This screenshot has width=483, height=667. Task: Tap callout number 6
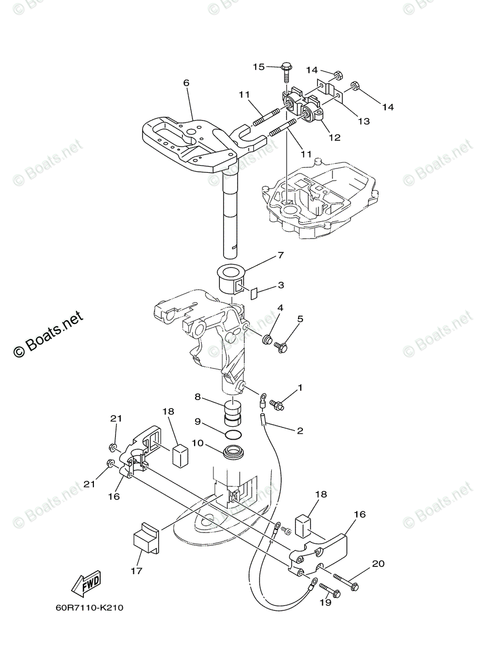click(186, 83)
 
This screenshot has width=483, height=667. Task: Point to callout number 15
click(259, 67)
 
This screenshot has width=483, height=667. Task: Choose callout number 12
click(334, 137)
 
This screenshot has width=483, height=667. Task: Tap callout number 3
click(281, 285)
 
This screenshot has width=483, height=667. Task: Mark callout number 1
click(300, 387)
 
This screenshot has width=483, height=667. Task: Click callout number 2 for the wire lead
click(300, 430)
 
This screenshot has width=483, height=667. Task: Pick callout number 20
click(378, 564)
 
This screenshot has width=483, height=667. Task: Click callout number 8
click(197, 397)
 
